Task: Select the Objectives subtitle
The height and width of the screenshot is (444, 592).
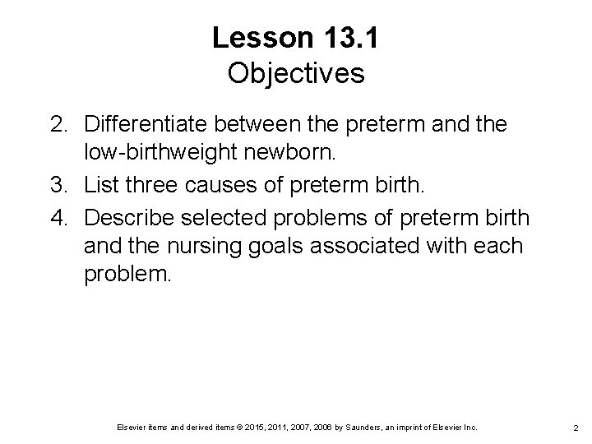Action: tap(296, 74)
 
